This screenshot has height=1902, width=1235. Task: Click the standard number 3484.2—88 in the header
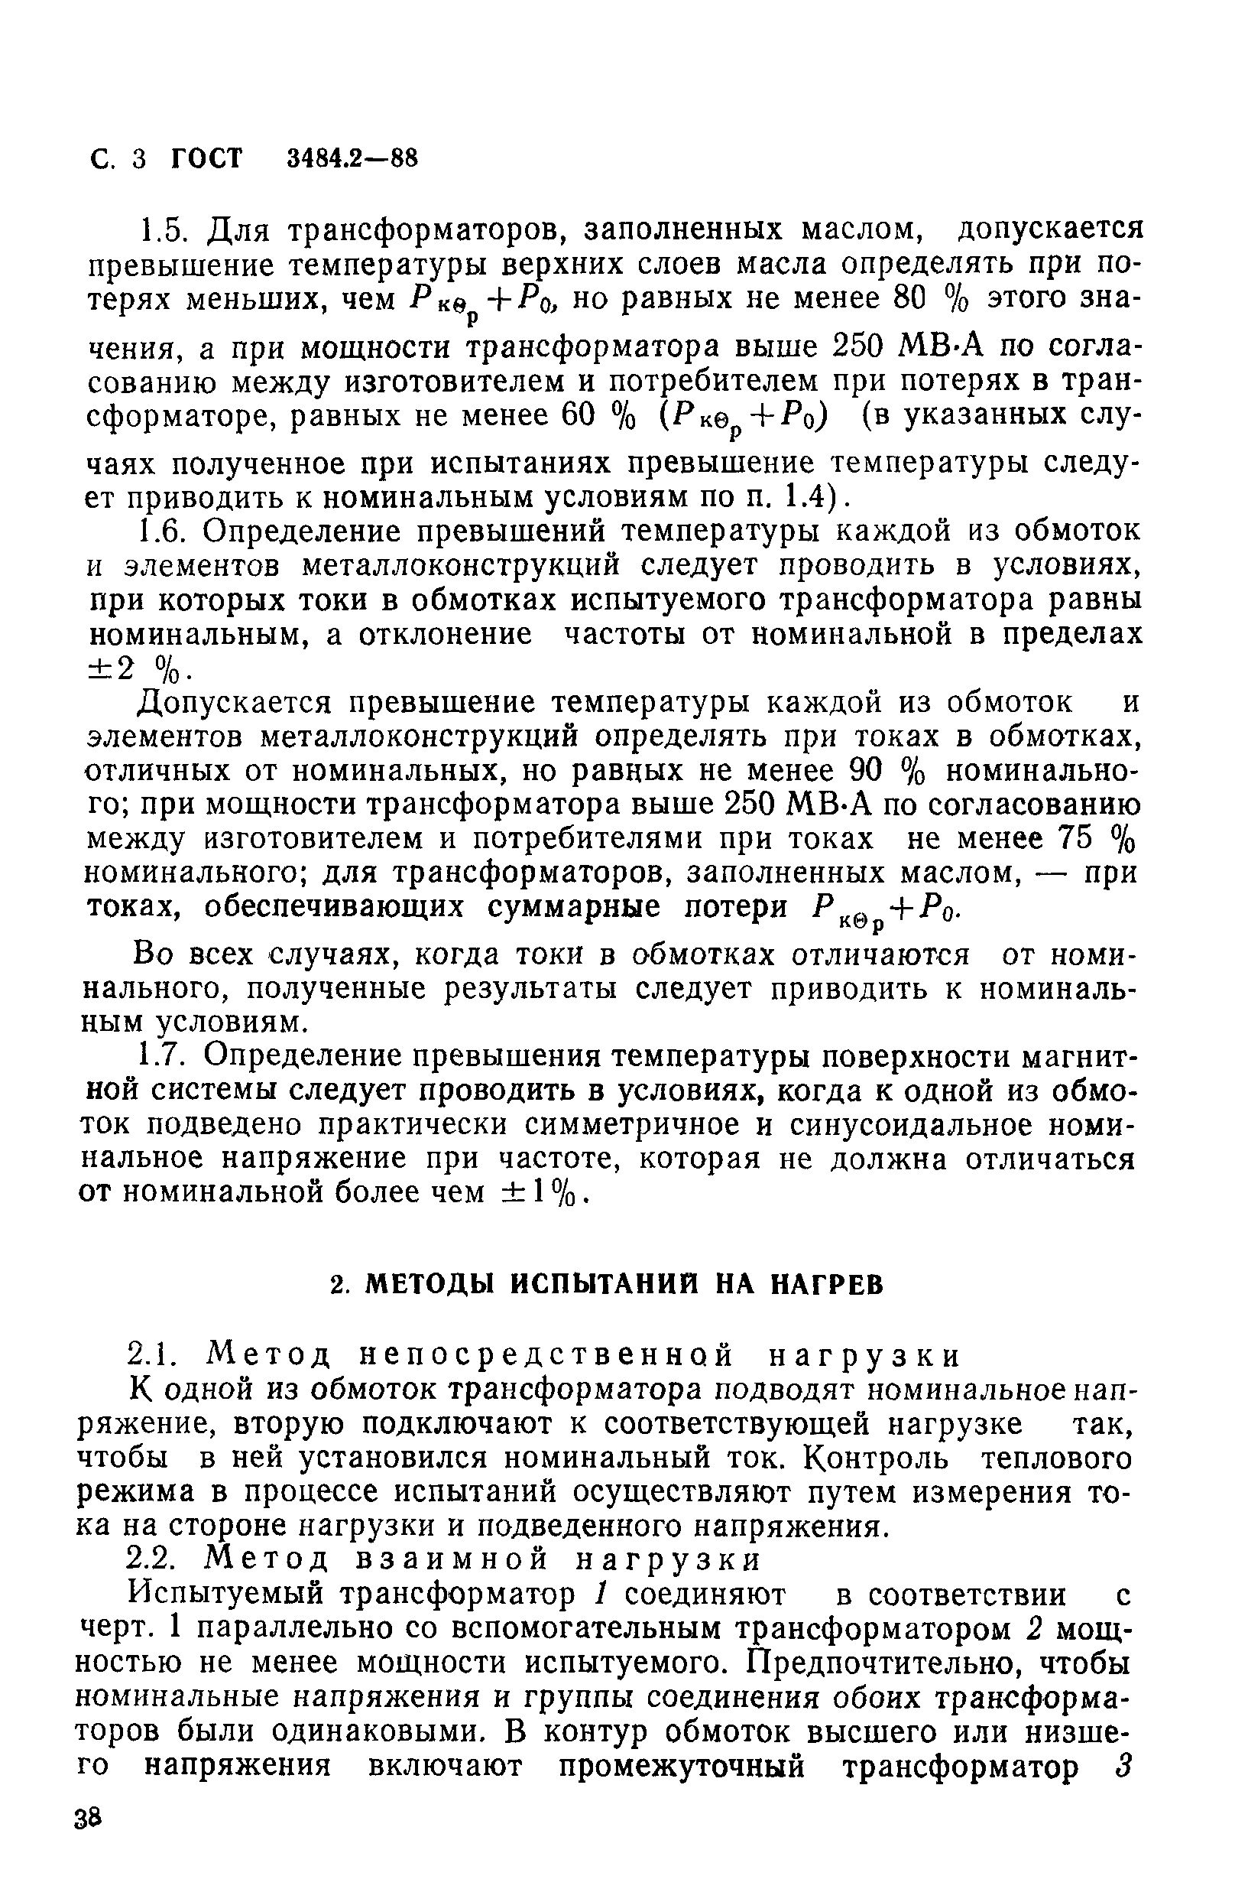pyautogui.click(x=352, y=158)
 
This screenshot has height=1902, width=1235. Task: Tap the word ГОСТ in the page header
pyautogui.click(x=206, y=158)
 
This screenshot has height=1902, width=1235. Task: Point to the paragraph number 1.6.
pyautogui.click(x=158, y=532)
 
